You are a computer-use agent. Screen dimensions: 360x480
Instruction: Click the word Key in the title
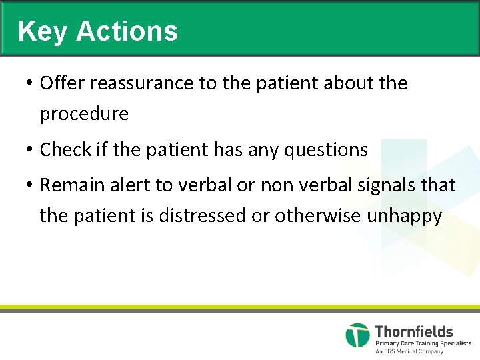tap(43, 31)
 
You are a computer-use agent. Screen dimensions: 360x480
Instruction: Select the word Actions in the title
tap(127, 31)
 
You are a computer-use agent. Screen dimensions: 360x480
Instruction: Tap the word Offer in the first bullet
tap(61, 83)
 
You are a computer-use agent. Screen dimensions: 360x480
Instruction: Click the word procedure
tap(84, 114)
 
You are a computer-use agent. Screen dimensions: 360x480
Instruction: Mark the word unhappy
tap(404, 217)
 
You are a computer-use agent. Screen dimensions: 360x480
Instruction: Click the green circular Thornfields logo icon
tap(357, 335)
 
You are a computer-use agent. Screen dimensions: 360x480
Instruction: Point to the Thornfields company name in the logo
tap(413, 331)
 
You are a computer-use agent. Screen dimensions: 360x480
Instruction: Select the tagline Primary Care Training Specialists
tap(423, 343)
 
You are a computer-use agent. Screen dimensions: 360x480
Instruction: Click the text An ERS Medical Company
tap(409, 351)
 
